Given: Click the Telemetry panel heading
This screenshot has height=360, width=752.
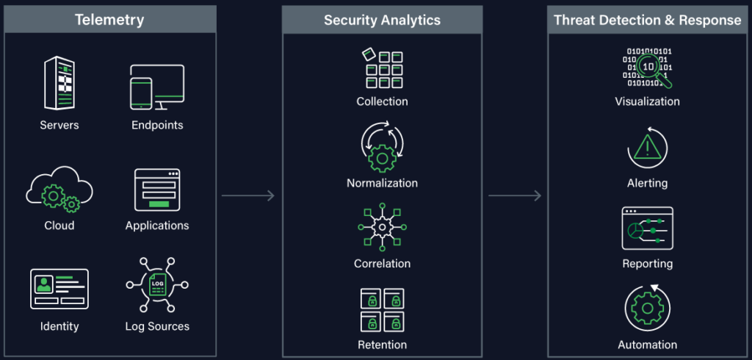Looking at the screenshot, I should coord(110,19).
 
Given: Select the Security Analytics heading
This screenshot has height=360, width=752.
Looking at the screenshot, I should coord(382,20).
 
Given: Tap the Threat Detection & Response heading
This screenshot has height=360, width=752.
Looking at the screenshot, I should coord(647,20).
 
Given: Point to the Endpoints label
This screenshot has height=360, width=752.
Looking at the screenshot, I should coord(157,125).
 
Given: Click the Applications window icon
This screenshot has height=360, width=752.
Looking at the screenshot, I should coord(157,190).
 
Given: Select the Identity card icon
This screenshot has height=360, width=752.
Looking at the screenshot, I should coord(59,288).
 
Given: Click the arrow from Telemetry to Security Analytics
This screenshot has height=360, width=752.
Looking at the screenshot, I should coord(248,195).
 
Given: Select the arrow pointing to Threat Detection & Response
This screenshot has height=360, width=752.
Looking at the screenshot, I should coord(515,195).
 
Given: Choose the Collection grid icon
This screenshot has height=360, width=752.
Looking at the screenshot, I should coord(382,69).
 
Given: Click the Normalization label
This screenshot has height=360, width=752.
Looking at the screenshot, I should coord(382,183).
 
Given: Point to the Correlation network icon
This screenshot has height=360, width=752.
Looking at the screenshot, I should coord(382,227).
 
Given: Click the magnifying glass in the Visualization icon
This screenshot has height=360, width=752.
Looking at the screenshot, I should coord(649,68).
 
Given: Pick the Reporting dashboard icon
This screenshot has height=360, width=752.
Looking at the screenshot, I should coord(647,228).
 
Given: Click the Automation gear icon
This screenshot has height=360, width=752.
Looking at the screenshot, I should coord(647,309).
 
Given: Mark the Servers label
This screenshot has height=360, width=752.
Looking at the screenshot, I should coord(59,125).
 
